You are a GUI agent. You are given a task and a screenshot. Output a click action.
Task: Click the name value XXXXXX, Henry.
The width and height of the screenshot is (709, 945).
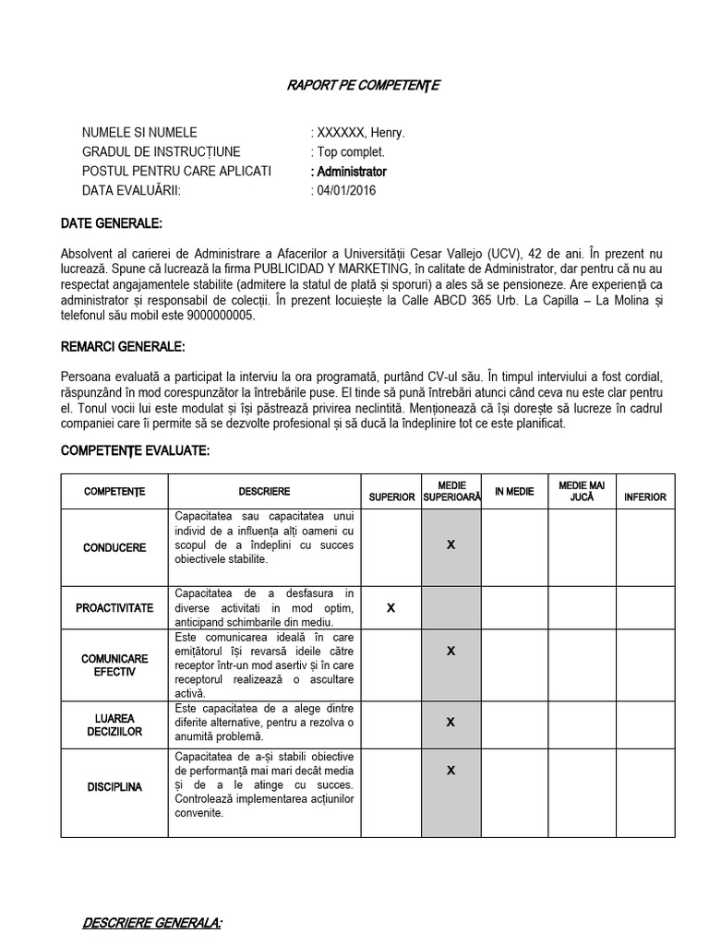click(361, 133)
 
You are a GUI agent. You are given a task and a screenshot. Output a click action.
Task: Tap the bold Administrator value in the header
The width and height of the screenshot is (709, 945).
click(352, 172)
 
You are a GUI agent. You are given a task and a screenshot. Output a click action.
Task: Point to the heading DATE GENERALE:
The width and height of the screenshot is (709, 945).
click(111, 223)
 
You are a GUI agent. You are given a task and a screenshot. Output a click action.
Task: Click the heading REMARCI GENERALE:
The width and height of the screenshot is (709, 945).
click(123, 347)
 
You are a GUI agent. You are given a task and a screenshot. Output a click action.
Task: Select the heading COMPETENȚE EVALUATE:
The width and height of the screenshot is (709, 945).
click(135, 450)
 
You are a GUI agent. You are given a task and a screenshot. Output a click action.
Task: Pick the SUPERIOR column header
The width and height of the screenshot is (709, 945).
click(391, 496)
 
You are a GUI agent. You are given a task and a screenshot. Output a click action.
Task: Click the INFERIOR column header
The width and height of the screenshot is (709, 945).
click(644, 496)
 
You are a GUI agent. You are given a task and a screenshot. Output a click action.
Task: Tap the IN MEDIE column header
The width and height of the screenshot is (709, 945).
click(514, 492)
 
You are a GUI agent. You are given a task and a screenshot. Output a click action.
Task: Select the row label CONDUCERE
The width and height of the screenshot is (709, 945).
click(114, 547)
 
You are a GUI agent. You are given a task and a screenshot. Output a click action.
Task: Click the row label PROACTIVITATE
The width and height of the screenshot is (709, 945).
click(114, 608)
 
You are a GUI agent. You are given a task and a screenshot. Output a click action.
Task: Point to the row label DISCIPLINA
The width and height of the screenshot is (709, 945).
click(114, 787)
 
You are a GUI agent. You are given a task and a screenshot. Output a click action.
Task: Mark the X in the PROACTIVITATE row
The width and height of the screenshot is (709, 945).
click(391, 608)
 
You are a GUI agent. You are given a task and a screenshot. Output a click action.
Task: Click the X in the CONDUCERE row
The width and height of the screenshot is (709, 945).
click(451, 544)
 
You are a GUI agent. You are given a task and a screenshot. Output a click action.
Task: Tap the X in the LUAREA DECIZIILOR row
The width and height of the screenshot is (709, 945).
click(451, 722)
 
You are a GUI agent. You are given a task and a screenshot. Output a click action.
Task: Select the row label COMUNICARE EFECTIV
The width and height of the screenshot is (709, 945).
click(114, 665)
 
